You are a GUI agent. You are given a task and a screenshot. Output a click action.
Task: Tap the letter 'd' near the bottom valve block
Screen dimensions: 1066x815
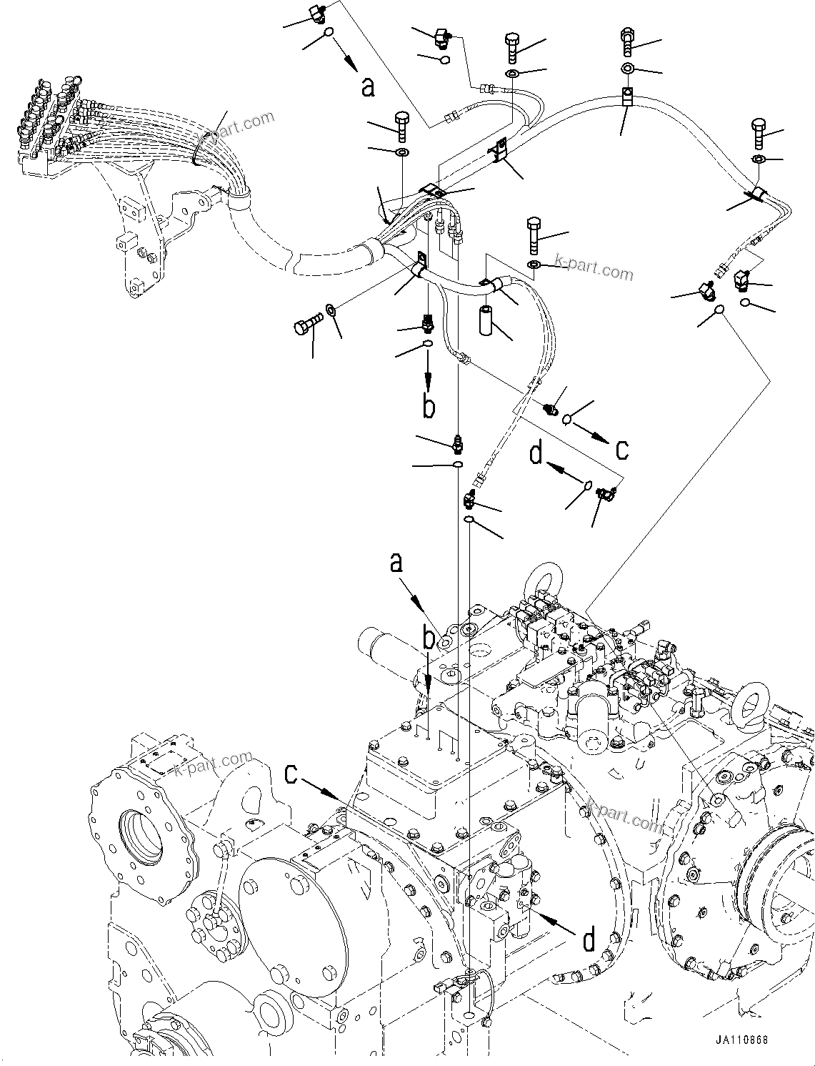589,940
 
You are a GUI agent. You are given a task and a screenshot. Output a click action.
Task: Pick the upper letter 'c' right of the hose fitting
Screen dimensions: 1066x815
622,449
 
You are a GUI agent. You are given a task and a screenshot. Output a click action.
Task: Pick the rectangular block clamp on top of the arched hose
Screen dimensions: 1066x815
627,97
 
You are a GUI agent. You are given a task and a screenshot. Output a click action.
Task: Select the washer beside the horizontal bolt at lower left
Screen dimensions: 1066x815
332,310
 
